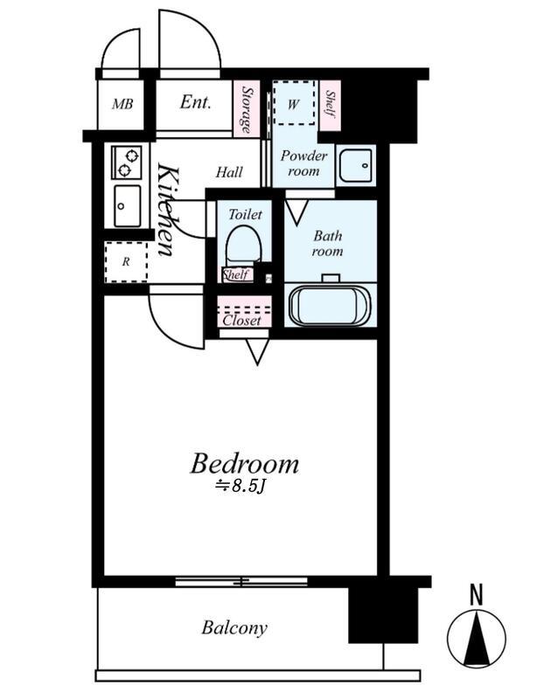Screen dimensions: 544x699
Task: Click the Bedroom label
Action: coord(245,464)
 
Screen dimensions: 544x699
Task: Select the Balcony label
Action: coord(234,627)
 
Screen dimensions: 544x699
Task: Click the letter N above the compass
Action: coord(477,595)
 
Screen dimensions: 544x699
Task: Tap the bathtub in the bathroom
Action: coord(330,305)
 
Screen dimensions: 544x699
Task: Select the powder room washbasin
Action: coord(355,165)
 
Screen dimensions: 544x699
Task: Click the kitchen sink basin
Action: coord(127,206)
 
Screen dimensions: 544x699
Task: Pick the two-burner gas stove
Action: coord(127,163)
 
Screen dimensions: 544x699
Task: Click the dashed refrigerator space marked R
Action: coord(126,262)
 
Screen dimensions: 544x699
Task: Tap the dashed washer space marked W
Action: coord(294,103)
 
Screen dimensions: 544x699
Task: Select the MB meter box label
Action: coord(122,104)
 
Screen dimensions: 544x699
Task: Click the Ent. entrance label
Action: coord(195,102)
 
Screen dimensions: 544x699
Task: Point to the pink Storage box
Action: coord(247,108)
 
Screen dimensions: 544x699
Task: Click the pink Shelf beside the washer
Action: coord(331,106)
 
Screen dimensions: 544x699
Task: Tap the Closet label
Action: coord(241,321)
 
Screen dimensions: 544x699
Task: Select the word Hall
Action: coord(229,172)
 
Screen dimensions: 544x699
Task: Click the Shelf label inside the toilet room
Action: coord(237,274)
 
